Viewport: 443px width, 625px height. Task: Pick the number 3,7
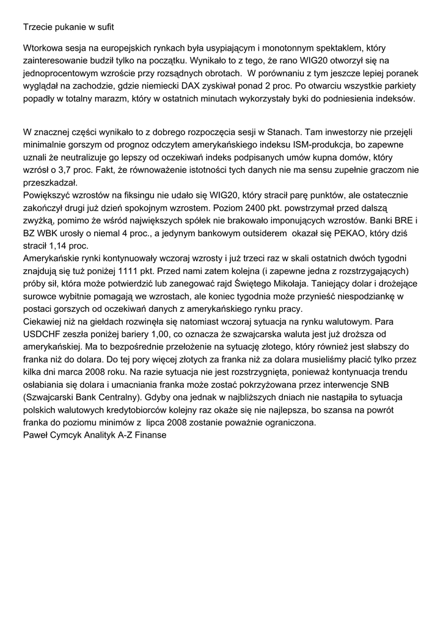(71, 170)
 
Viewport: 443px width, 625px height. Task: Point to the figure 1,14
(58, 247)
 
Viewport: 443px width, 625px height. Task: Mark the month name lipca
(158, 426)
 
